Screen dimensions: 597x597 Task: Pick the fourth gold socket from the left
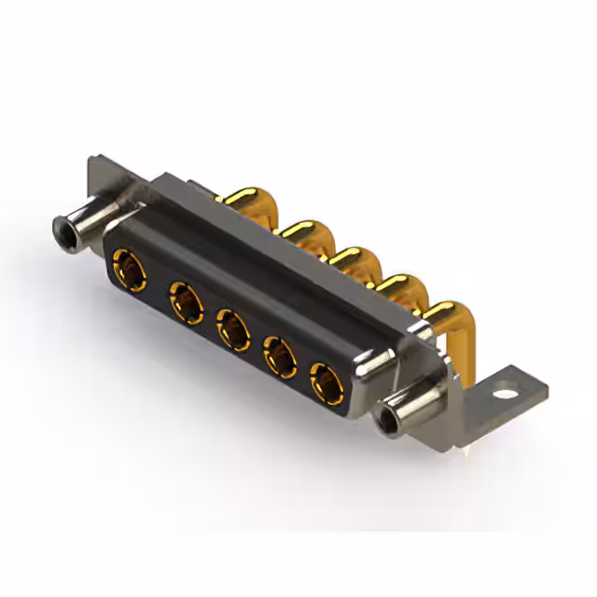[280, 354]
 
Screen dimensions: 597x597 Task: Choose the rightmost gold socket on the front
[326, 382]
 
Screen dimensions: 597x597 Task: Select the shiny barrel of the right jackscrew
[410, 406]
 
